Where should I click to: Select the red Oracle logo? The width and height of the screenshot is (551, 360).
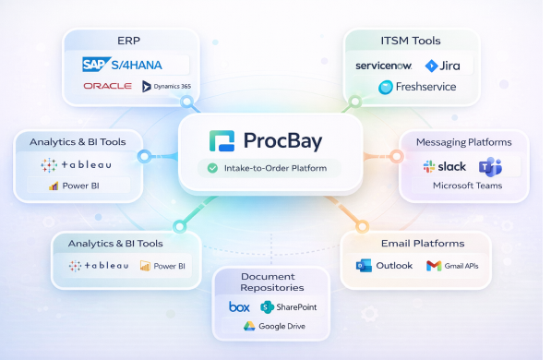(x=107, y=86)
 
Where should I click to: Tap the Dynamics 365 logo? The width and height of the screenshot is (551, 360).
(x=166, y=86)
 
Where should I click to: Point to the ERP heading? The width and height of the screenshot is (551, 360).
(x=130, y=41)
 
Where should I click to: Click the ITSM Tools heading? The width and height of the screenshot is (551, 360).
(x=410, y=41)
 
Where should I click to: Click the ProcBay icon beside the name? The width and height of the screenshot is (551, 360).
(x=222, y=141)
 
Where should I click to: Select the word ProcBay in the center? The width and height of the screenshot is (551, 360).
(x=284, y=141)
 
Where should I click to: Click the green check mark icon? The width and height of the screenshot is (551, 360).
(x=212, y=168)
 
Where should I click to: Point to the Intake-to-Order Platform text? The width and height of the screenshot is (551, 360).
(x=274, y=168)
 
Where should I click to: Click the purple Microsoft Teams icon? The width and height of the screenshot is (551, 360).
(x=489, y=166)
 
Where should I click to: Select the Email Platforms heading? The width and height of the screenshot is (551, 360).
(x=422, y=244)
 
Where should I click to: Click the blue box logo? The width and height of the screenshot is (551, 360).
(x=238, y=306)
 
